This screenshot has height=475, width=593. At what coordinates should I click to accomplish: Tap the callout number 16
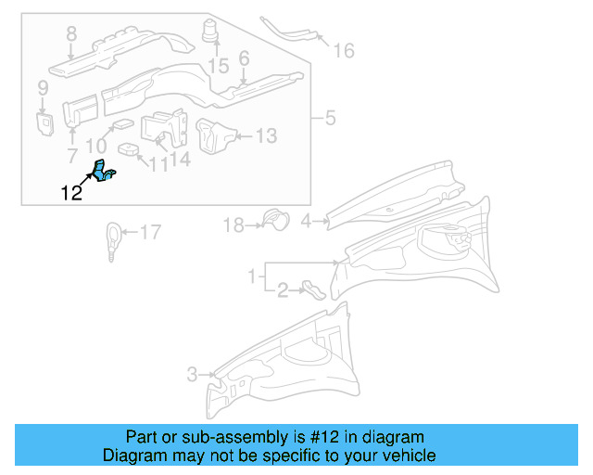pos(343,50)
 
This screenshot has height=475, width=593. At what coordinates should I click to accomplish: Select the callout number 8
pos(71,35)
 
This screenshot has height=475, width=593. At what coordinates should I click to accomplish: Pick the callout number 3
pos(192,375)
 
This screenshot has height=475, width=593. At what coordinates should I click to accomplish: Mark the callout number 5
pos(329,119)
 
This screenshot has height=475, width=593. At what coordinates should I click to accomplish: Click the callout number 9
pos(42,88)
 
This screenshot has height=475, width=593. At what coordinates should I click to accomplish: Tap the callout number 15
pos(218,66)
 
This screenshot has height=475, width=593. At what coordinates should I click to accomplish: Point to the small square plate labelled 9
pos(43,122)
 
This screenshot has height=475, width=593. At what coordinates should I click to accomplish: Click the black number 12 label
pos(70,193)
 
